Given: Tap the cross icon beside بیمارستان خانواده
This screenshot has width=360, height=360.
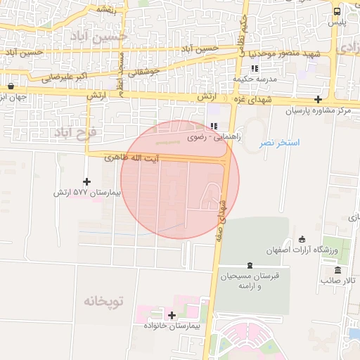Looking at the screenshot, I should pos(172,315).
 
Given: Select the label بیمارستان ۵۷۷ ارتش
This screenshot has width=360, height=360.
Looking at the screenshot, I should pos(88,192).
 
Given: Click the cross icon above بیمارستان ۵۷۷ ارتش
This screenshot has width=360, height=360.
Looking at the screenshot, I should pos(86,181).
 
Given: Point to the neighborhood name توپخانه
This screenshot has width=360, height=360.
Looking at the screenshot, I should pos(103,302).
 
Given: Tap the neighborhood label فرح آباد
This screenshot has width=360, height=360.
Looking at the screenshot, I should pos(77,132).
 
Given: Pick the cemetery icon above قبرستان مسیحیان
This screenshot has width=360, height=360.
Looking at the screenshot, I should pos(249,265).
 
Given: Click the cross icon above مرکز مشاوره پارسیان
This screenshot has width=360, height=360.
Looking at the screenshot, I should pos(319,99).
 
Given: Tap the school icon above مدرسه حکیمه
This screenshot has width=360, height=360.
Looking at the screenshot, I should pos(255,68).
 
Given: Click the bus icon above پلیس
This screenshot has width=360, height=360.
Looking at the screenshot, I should pos(337,11).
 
